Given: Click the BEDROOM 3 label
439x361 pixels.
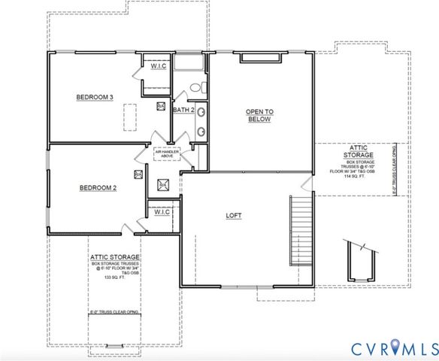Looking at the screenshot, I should click(95, 97).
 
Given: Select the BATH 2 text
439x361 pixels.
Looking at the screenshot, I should click(184, 111).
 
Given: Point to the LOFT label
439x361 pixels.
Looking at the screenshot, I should click(235, 215).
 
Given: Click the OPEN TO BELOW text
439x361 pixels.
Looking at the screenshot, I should click(259, 115).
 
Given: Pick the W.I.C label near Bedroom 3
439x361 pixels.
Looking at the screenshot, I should click(158, 66).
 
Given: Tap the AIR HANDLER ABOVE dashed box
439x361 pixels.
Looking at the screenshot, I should click(167, 153).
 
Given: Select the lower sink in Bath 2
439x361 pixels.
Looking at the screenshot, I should click(201, 132).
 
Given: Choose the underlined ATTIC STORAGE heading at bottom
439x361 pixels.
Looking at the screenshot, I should click(115, 256).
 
